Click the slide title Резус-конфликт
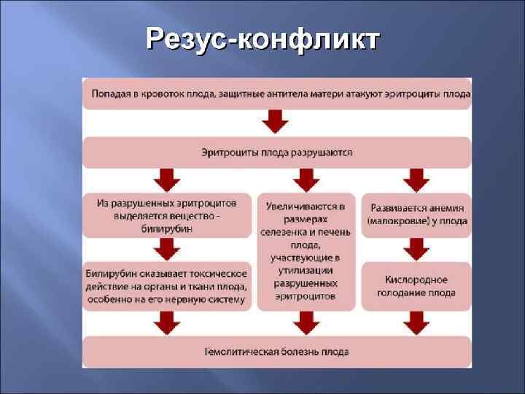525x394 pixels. pyautogui.click(x=262, y=39)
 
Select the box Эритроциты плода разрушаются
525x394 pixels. pyautogui.click(x=276, y=152)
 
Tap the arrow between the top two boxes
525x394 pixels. pyautogui.click(x=276, y=121)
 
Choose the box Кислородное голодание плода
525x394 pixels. pyautogui.click(x=416, y=286)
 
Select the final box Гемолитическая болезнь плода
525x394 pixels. pyautogui.click(x=276, y=351)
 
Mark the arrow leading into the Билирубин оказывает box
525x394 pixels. pyautogui.click(x=166, y=250)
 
